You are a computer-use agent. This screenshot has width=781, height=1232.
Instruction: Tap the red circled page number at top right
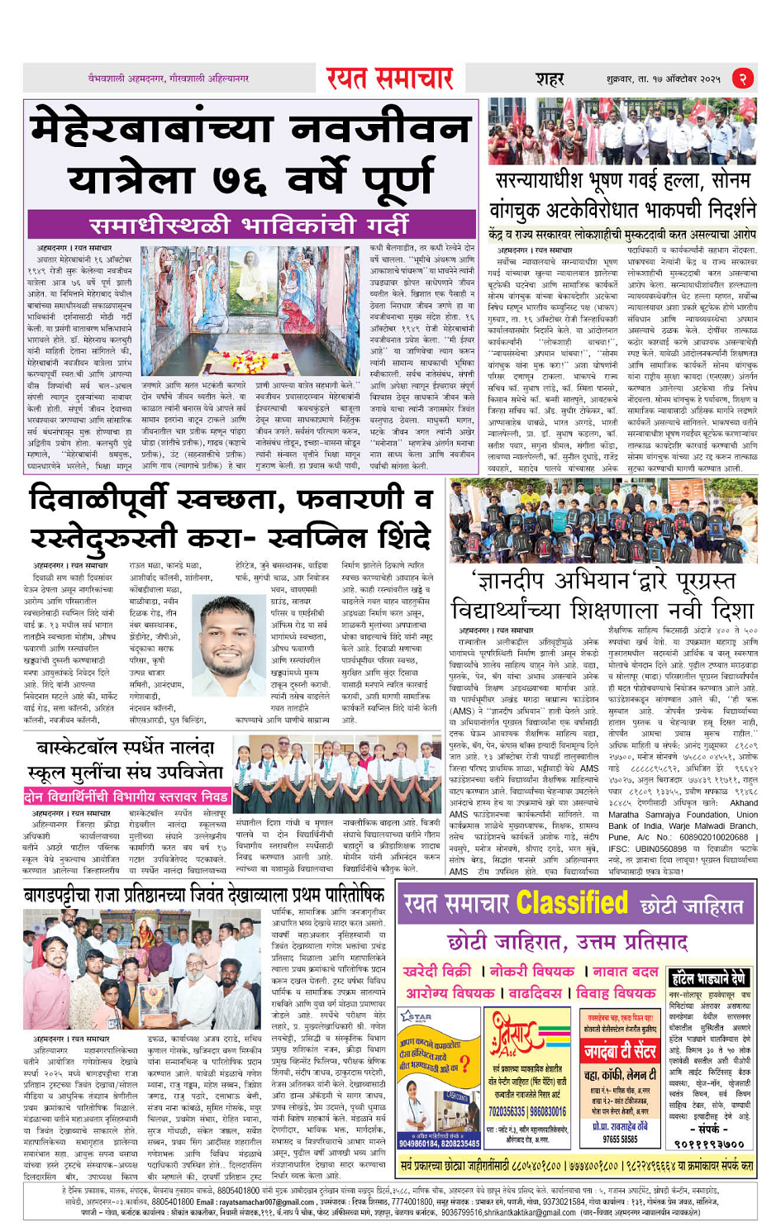[743, 78]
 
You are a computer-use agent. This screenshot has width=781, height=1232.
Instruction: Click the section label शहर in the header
[550, 79]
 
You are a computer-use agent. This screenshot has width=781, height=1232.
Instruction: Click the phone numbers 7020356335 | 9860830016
[526, 1111]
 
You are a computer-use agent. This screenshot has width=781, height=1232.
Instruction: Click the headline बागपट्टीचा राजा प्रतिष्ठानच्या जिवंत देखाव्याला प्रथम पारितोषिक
[204, 896]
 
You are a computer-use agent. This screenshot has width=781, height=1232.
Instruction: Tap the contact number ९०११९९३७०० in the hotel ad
[709, 1144]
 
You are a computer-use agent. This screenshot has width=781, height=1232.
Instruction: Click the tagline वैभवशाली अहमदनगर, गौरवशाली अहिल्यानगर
[169, 78]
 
